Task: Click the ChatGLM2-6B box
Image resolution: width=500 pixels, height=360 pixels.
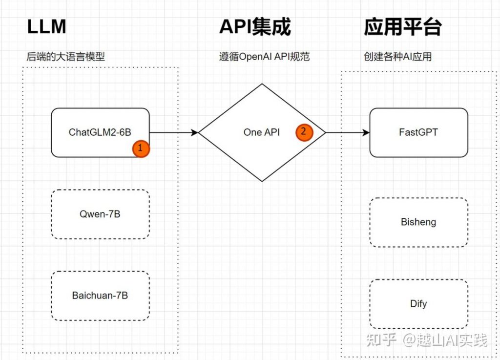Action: tap(100, 132)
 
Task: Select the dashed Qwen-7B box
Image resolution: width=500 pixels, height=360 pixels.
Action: tap(100, 214)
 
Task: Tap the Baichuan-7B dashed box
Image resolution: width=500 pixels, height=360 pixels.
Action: tap(100, 296)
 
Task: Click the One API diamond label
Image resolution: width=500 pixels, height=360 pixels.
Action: tap(262, 132)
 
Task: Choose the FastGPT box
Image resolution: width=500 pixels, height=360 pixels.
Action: tap(418, 132)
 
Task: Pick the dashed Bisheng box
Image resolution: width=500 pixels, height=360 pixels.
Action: tap(418, 222)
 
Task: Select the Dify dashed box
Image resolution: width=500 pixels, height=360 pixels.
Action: tap(418, 304)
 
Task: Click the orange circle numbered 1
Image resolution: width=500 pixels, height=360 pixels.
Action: tap(141, 149)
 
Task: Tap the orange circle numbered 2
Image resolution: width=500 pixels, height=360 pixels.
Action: tap(304, 132)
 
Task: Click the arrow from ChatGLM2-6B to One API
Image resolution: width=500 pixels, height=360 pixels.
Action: tap(173, 132)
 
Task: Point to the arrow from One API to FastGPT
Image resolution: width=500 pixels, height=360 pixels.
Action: tap(347, 132)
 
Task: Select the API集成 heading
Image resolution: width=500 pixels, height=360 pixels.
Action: tap(255, 27)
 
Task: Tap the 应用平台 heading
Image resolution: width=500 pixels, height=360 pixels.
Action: tap(402, 27)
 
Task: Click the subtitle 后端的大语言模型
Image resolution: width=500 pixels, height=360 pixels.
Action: tap(66, 57)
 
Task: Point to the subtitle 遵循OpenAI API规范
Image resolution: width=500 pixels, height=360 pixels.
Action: tap(264, 57)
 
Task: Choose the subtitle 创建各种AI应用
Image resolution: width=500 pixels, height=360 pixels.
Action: tap(397, 57)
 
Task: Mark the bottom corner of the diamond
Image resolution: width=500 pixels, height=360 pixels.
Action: tap(262, 181)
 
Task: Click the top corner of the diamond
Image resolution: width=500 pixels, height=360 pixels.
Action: tap(262, 84)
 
